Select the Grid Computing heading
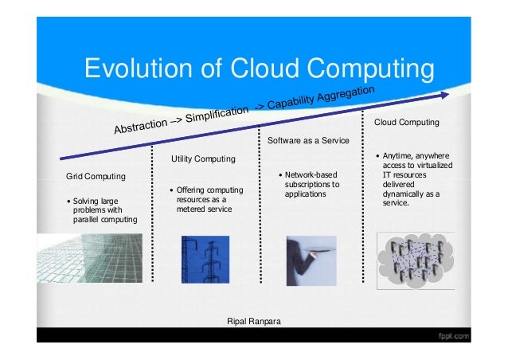point(96,175)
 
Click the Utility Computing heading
point(203,159)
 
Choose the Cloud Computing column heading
point(406,123)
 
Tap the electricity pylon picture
point(205,260)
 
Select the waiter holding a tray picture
point(311,260)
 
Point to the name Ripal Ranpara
point(254,321)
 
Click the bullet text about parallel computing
point(104,210)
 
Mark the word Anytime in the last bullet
point(398,156)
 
